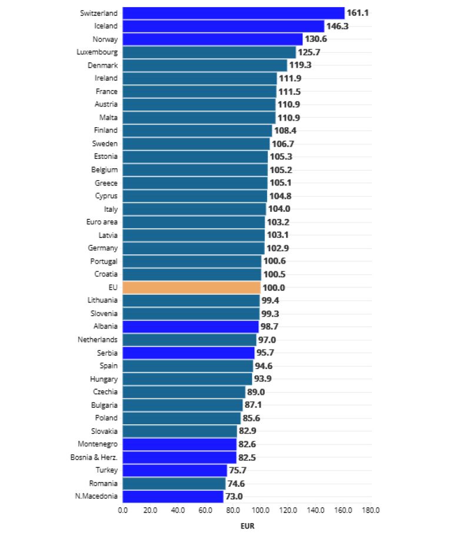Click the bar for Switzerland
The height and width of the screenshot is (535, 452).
[234, 13]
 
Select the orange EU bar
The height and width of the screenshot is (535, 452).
[192, 288]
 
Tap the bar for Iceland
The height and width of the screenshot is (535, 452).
[224, 26]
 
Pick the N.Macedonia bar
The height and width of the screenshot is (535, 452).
[173, 496]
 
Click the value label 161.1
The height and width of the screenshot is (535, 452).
[358, 13]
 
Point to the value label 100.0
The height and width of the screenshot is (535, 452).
[274, 288]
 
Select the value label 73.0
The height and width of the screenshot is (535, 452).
[234, 496]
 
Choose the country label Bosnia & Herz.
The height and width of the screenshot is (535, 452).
[98, 457]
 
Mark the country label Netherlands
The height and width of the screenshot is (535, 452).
[98, 340]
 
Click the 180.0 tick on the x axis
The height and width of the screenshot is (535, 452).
[371, 510]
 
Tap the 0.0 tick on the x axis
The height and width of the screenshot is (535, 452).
[123, 510]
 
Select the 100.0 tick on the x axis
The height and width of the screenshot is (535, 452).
[261, 510]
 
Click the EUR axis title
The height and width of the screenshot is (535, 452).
[247, 526]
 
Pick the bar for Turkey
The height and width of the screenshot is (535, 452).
[175, 470]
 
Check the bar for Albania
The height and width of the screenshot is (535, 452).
[191, 327]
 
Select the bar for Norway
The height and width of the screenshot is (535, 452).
[212, 39]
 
